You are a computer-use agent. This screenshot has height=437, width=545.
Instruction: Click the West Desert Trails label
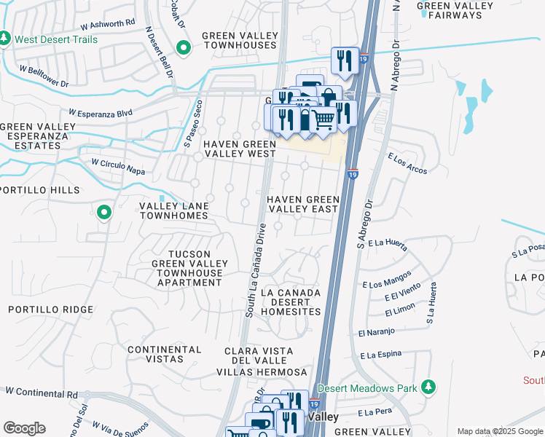point(55,39)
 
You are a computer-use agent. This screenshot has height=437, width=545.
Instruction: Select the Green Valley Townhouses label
point(239,40)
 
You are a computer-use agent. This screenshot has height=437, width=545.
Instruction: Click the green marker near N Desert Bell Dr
point(184,49)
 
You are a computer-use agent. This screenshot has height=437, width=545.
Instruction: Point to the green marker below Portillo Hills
point(104,213)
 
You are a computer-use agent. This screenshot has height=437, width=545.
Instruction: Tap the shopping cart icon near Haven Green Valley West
point(324,117)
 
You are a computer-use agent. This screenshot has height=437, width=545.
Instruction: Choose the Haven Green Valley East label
point(302,204)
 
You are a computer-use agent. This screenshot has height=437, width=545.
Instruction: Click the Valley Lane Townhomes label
point(174,211)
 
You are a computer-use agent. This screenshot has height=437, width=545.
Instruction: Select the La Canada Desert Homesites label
point(290,302)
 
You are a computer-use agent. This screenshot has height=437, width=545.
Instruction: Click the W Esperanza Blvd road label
point(101,114)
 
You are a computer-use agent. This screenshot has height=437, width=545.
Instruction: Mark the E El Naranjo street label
point(376,332)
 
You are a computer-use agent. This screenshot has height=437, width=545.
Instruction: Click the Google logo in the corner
point(23,428)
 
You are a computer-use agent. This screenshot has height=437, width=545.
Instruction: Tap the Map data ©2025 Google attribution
point(499,431)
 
